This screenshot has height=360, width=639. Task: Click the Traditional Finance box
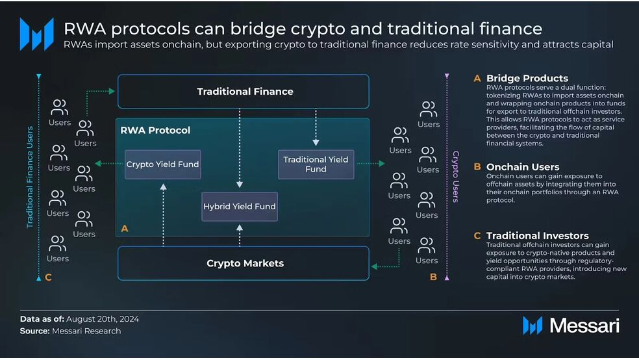point(244,92)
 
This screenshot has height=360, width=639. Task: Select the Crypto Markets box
point(244,263)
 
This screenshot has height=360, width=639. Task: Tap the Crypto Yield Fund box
point(162,164)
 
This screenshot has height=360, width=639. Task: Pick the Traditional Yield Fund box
point(316,164)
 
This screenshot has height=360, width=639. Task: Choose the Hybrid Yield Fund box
point(240,207)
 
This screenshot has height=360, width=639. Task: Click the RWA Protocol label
point(155,131)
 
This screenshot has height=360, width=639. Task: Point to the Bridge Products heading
point(527,78)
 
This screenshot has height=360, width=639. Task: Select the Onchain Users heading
point(523,167)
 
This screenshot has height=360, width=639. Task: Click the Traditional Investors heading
point(537,236)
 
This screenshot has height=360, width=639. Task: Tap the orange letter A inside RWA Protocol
point(125,229)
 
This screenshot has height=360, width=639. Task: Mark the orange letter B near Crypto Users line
point(433,277)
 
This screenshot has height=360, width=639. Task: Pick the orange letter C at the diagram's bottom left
point(49,277)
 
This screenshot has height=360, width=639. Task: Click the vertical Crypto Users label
point(456,177)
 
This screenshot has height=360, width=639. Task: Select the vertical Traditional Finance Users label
point(30,177)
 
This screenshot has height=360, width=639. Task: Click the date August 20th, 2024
point(103,319)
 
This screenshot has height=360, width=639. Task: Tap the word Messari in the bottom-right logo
point(584,326)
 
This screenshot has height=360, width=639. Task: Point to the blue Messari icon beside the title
point(36,34)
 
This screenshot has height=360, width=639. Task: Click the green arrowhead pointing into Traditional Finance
point(112,92)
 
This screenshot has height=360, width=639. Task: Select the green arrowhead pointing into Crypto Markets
point(374,266)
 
